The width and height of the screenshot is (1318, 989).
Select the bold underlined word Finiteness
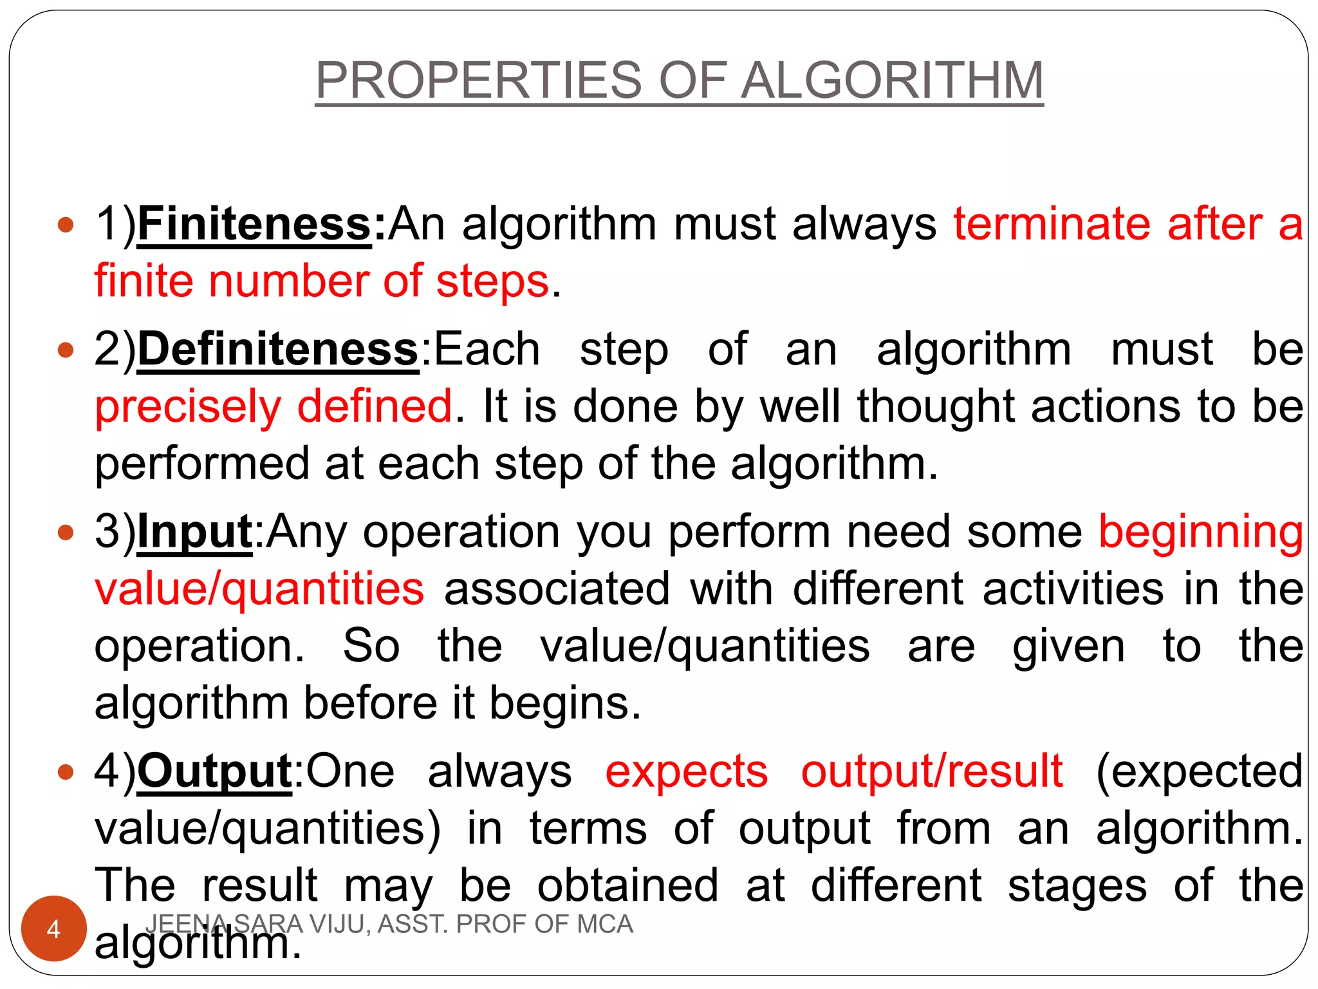(x=254, y=224)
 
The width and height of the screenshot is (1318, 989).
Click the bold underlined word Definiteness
(x=278, y=350)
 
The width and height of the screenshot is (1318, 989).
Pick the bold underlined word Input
(x=194, y=532)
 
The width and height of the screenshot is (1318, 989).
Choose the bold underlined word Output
(x=215, y=771)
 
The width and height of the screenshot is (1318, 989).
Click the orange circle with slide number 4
(x=54, y=928)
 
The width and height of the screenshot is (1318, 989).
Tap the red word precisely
(x=188, y=407)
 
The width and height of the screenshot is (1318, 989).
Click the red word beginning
(x=1201, y=532)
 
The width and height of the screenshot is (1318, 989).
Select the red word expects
(x=686, y=771)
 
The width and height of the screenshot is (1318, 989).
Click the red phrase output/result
(x=931, y=771)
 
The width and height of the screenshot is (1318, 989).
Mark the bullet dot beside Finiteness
(x=66, y=225)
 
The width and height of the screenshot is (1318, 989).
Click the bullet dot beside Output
(x=66, y=772)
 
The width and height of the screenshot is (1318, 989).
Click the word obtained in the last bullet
(x=627, y=886)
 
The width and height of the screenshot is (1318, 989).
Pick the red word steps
(x=492, y=281)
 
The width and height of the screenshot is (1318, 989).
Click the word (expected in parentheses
(x=1199, y=771)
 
